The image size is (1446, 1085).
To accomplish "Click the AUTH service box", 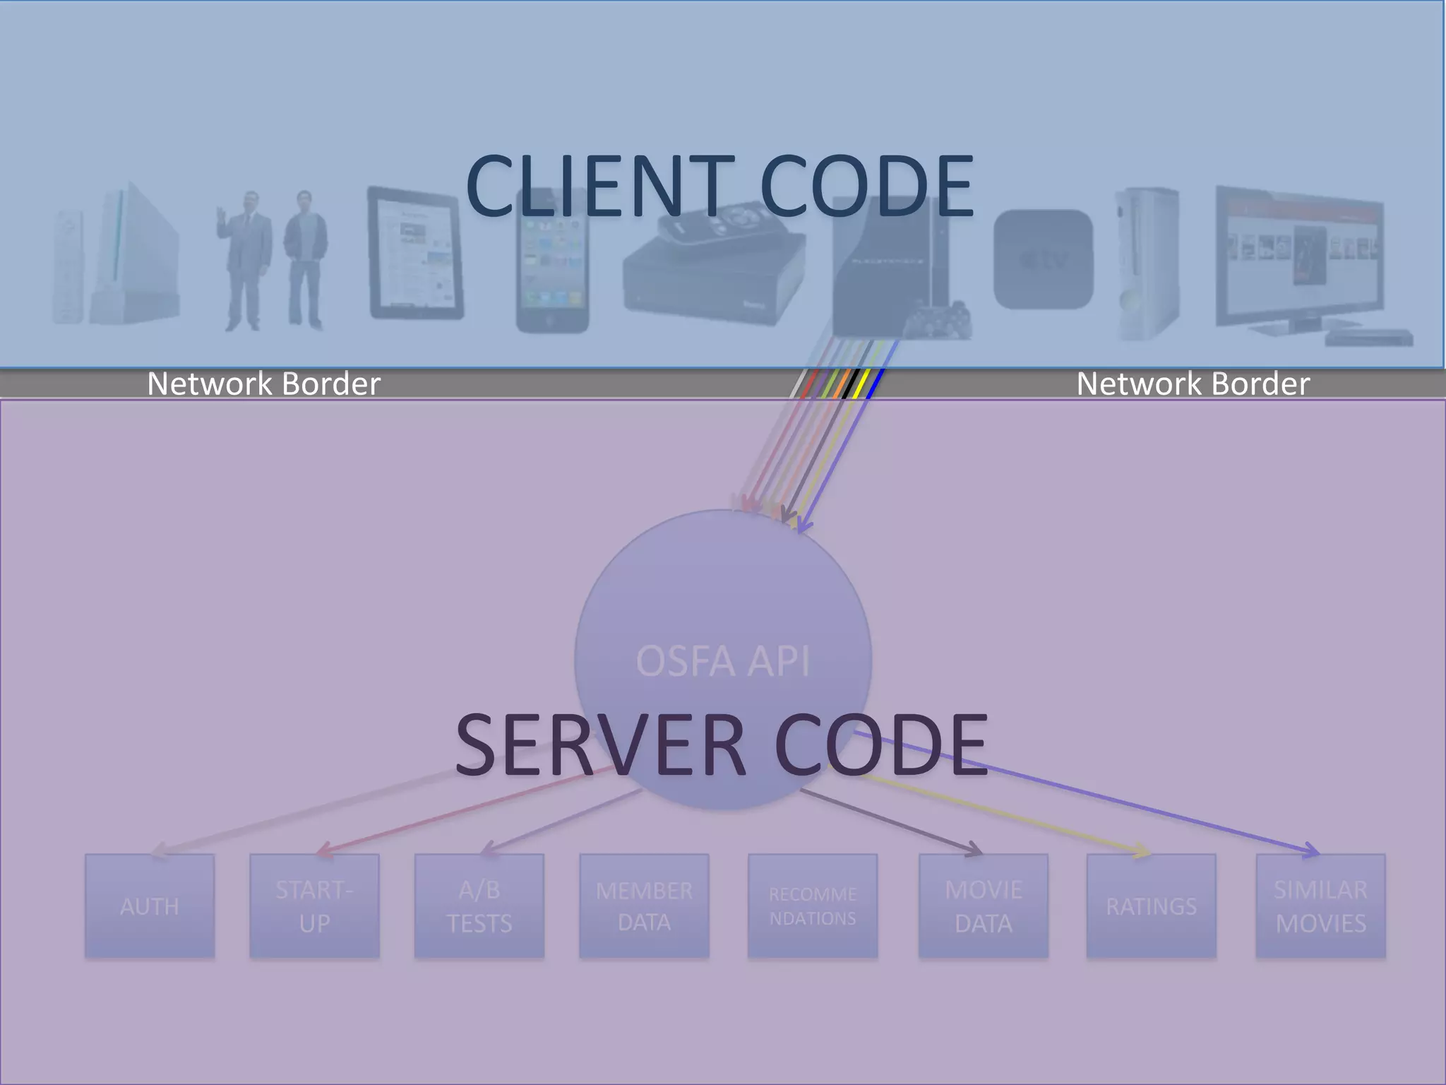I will click(x=150, y=906).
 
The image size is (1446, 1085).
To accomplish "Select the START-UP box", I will click(x=314, y=906).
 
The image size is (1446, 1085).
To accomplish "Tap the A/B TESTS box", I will click(x=479, y=906).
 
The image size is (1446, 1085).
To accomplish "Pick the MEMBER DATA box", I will click(x=644, y=906).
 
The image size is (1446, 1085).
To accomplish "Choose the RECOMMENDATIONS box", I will click(x=813, y=906).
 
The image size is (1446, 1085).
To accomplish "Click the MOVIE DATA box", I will click(x=983, y=906).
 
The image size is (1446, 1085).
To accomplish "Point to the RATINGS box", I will click(x=1151, y=906).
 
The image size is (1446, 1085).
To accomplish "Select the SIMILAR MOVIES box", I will click(x=1320, y=906).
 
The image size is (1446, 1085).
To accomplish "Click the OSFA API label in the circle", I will click(x=722, y=661).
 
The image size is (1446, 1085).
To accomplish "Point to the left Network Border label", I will click(x=263, y=384).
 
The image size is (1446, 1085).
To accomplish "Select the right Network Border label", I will click(x=1193, y=384).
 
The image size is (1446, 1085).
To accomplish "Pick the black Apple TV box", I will click(x=1043, y=259).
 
